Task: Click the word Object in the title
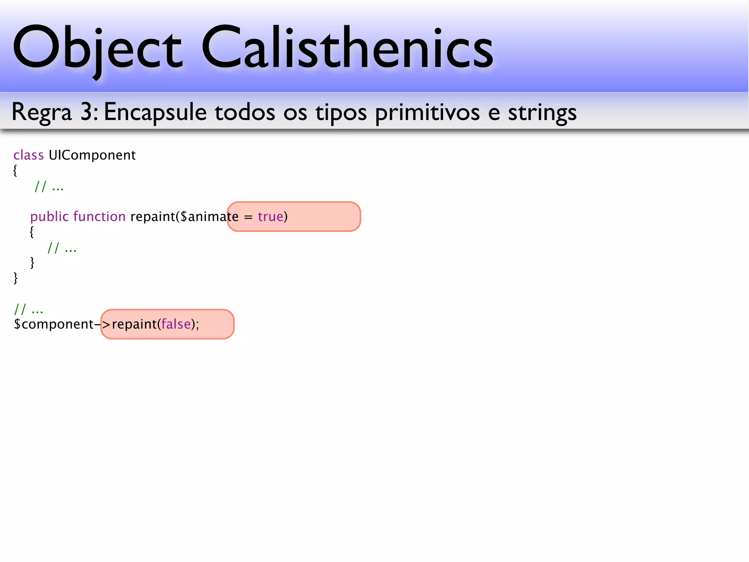coord(97,48)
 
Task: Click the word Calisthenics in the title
coord(347,48)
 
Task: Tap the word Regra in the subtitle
coord(42,112)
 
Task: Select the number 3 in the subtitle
coord(87,112)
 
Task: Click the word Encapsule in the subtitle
coord(155,112)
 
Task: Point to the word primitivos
coord(427,112)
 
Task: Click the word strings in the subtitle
coord(542,112)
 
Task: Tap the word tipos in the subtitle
coord(341,112)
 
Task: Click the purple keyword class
coord(29,155)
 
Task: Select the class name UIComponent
coord(92,155)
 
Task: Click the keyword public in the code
coord(49,217)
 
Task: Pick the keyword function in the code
coord(99,217)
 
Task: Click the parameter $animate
coord(209,217)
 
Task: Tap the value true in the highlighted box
coord(271,217)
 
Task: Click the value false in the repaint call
coord(176,324)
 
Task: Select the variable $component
coord(54,325)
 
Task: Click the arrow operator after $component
coord(102,325)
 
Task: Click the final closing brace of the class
coord(15,278)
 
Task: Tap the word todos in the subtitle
coord(245,112)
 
